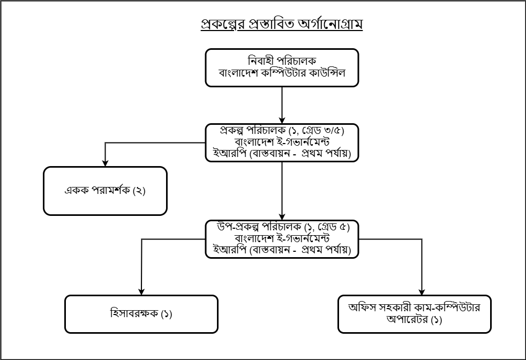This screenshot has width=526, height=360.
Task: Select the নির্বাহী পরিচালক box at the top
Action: coord(282,68)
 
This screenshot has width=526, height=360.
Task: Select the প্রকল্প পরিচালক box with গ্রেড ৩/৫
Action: coord(282,142)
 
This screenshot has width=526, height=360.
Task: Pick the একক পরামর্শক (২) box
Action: coord(106,191)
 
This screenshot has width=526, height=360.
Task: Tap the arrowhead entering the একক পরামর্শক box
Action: coord(106,163)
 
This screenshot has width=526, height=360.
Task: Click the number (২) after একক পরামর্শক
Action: coord(139,191)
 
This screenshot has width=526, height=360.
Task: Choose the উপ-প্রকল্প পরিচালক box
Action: coord(282,239)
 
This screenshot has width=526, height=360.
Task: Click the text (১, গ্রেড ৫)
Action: coord(327,227)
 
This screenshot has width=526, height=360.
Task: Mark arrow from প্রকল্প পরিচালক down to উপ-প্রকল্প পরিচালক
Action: coord(282,191)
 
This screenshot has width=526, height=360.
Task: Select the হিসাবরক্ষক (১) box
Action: coord(141,314)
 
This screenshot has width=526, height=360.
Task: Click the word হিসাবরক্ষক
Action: coord(134,313)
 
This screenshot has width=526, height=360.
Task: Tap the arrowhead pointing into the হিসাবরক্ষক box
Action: coord(141,292)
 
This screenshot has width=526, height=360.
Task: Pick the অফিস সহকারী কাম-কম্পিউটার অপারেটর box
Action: coord(415,314)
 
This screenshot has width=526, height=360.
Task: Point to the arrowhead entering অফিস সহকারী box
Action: coord(422,292)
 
